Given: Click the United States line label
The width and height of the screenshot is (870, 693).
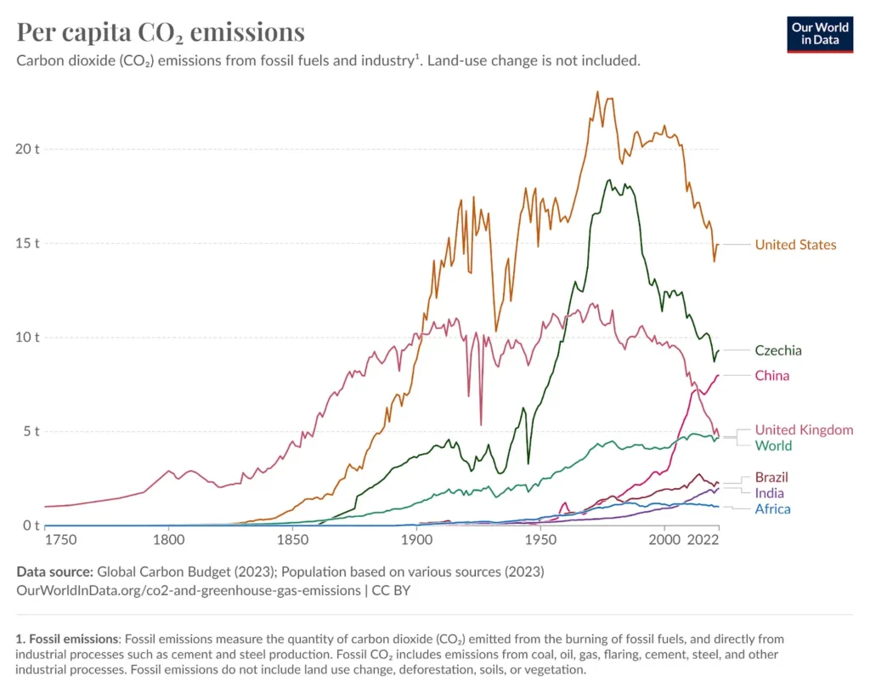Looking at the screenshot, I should point(795,245).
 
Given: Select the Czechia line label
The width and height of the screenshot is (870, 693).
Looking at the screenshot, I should point(778,350).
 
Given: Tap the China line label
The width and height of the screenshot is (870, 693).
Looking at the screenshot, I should point(771,376).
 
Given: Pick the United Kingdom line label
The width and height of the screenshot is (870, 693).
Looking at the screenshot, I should point(804,430).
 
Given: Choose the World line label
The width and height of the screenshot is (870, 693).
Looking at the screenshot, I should point(773,446).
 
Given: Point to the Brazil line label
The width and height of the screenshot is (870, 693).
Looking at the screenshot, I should point(771,477).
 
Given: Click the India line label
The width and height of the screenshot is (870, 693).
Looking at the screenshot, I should point(769,493).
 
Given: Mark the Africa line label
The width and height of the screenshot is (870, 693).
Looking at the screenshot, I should point(772,509).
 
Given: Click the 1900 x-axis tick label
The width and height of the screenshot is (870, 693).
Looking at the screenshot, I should point(415,540).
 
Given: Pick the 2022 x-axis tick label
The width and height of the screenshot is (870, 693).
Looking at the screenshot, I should point(703,540).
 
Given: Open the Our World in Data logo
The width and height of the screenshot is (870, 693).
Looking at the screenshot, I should point(820,33).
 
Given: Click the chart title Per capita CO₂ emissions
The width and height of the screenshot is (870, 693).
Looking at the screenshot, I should point(161,32).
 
